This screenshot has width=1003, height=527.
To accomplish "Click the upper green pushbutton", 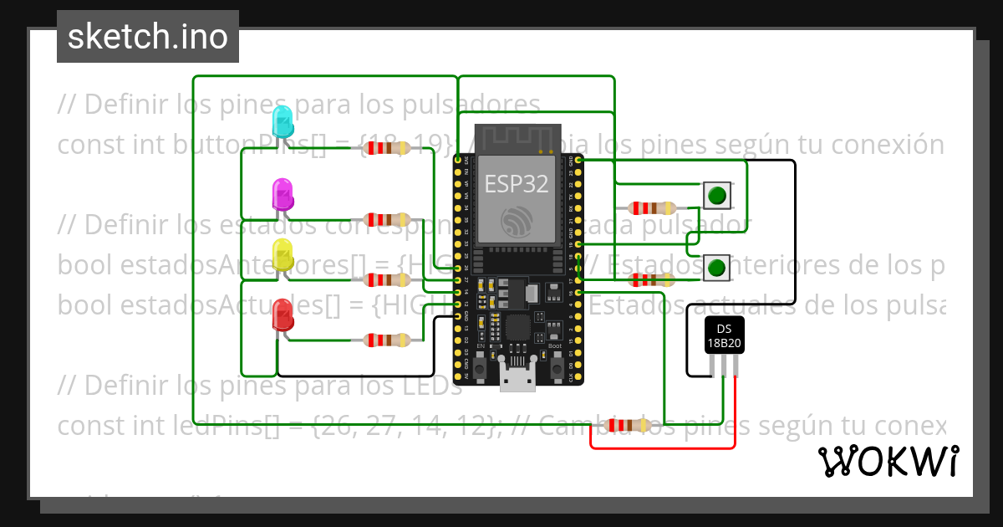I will (x=716, y=197).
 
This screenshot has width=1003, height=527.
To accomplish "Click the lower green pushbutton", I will (x=716, y=268).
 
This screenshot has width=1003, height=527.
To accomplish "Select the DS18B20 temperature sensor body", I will (x=722, y=335).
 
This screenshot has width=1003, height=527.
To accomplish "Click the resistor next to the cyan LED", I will (x=384, y=148).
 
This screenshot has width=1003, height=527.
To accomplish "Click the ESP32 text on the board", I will (x=516, y=183).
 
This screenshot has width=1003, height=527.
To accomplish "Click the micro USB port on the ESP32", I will (x=518, y=378).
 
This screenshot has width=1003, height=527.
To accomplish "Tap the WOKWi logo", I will (x=888, y=461).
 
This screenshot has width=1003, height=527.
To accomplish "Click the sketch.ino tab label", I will (x=147, y=37).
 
